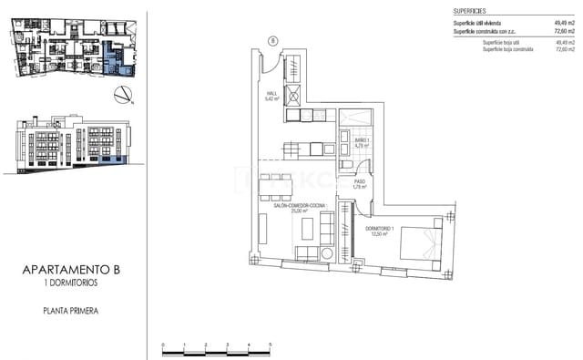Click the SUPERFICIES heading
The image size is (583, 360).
(470, 10)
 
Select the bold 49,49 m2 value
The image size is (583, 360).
(564, 24)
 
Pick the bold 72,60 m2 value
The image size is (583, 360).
(564, 32)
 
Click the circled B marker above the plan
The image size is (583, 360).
(272, 39)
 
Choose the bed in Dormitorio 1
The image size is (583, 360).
(422, 242)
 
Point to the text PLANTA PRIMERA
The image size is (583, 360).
(70, 312)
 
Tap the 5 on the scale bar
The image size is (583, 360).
(270, 344)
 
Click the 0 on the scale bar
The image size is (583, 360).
(163, 344)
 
